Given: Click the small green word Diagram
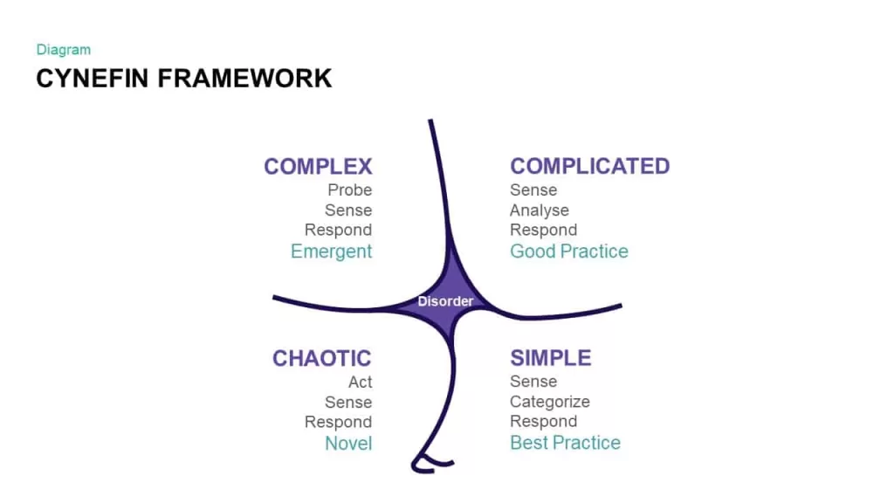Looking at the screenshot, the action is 63,50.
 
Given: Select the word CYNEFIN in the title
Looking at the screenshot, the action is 93,79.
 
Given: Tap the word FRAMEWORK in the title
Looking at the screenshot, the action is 244,79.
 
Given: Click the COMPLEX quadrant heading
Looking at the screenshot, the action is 318,167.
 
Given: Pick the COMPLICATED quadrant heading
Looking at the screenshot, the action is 590,167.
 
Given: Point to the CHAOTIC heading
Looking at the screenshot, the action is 321,359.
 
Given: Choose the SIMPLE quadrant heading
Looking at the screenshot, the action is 551,358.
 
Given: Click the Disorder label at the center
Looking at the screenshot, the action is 445,301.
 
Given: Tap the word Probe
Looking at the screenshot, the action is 349,189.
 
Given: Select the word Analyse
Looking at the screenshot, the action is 540,210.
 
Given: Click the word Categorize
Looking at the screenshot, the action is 550,402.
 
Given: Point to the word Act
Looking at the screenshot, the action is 361,382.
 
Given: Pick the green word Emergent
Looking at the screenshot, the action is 331,251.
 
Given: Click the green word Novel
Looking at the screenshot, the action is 348,443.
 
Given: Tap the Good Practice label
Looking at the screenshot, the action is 569,251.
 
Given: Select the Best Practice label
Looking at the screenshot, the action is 565,443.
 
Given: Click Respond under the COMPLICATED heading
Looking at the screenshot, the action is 543,231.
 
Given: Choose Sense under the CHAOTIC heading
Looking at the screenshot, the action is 348,402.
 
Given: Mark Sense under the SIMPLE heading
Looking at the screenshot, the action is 533,382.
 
